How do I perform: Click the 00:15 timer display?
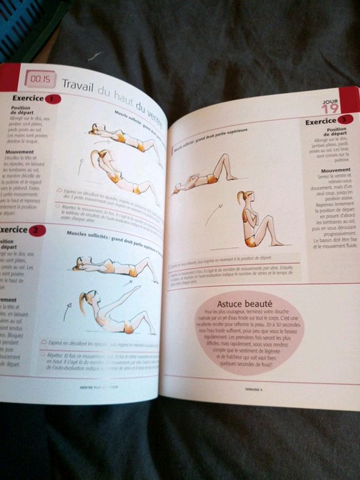tap(40, 79)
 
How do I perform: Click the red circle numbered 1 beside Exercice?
tap(52, 99)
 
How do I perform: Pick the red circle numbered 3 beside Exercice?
tap(346, 119)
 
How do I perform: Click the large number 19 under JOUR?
tap(330, 109)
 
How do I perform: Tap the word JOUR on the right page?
tap(329, 101)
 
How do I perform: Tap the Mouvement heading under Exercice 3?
tap(335, 170)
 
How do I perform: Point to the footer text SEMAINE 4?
tap(254, 389)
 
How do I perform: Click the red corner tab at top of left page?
tap(9, 76)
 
